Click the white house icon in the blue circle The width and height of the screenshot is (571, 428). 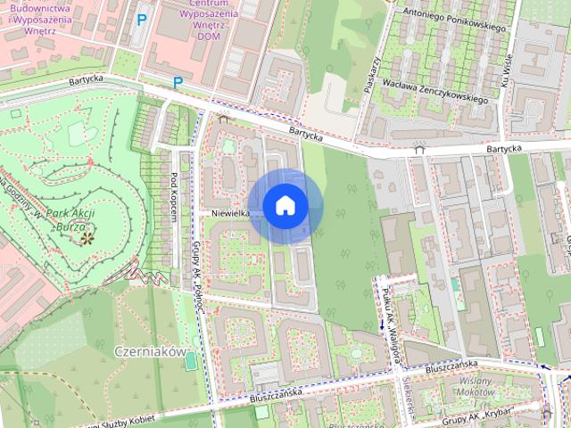click(x=285, y=205)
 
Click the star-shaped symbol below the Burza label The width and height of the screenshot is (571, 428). click(x=87, y=237)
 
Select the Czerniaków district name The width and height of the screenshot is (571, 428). click(x=149, y=351)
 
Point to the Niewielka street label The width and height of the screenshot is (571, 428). click(x=231, y=213)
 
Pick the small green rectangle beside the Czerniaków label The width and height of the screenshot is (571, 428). click(x=190, y=358)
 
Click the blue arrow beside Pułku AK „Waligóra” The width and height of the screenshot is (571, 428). click(x=382, y=325)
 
